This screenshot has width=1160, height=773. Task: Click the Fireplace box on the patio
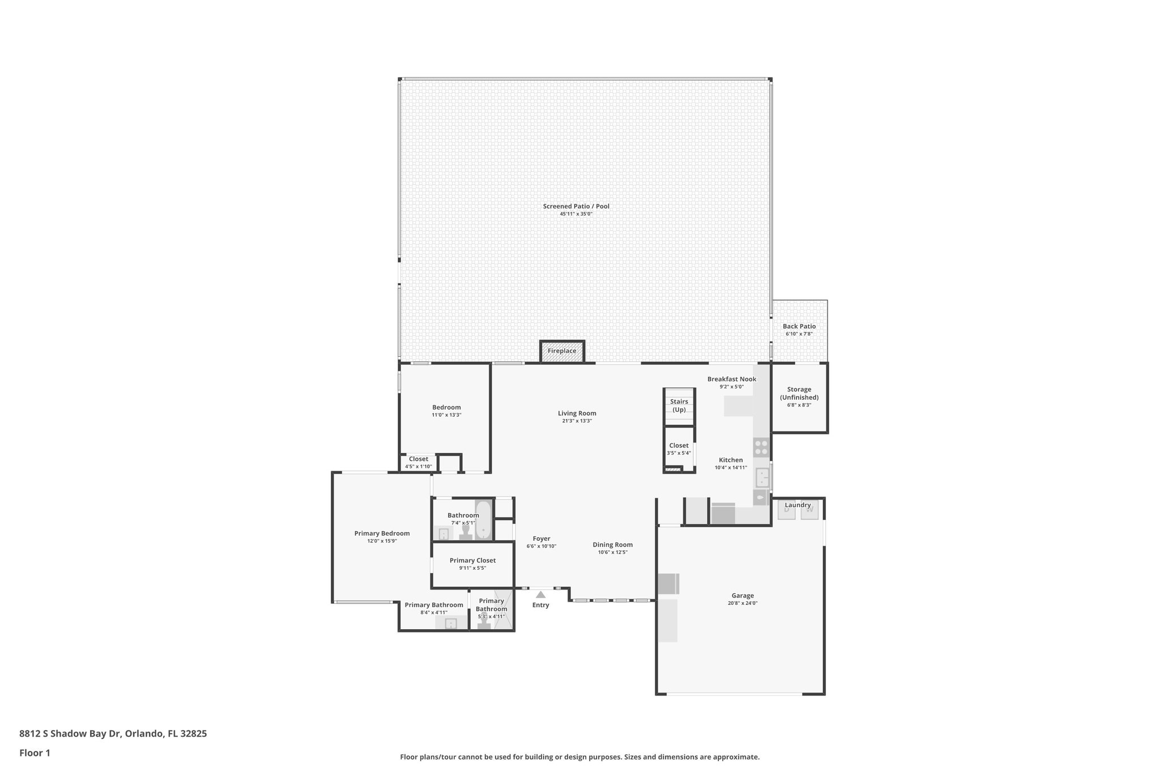point(562,351)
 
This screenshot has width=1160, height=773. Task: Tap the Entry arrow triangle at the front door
point(541,595)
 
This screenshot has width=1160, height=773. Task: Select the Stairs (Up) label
point(679,405)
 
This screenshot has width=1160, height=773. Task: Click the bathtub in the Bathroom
point(483,520)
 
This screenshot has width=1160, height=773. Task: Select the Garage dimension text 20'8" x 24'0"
point(743,603)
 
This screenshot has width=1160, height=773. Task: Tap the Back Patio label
point(799,326)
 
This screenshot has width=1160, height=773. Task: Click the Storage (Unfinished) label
point(799,394)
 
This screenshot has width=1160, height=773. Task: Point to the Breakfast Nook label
point(732,379)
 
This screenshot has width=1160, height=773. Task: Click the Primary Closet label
point(472,560)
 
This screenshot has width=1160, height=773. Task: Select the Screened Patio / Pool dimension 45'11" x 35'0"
point(576,214)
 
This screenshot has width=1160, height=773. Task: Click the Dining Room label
point(613,545)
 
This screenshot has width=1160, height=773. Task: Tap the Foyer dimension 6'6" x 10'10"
point(541,546)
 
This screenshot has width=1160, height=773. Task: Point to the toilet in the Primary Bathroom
point(484,624)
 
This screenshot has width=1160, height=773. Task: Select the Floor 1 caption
point(35,753)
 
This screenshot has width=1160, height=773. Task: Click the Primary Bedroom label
point(382,533)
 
